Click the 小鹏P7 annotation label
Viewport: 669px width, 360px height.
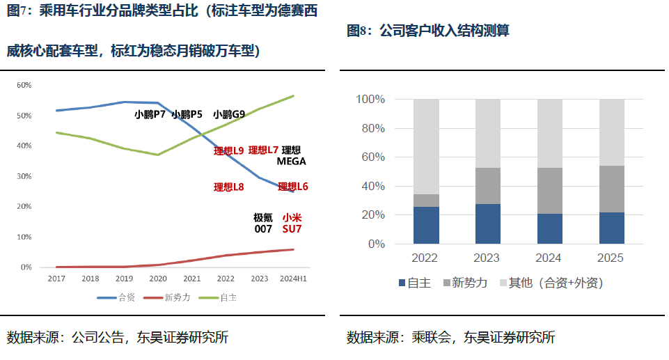(x=150, y=114)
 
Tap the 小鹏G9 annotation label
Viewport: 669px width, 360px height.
(x=229, y=114)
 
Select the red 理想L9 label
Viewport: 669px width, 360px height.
(x=228, y=150)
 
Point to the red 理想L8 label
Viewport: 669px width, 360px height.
(x=228, y=187)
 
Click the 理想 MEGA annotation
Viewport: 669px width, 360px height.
(x=291, y=155)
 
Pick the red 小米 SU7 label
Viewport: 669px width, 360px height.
(x=292, y=223)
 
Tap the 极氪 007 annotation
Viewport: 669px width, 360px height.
(x=262, y=223)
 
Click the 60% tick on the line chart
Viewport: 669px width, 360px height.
(x=24, y=85)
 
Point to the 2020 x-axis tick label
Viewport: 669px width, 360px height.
(x=157, y=279)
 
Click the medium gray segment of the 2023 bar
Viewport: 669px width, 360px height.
(x=487, y=186)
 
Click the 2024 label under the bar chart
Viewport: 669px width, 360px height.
(x=549, y=258)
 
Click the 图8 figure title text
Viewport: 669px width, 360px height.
(x=428, y=31)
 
